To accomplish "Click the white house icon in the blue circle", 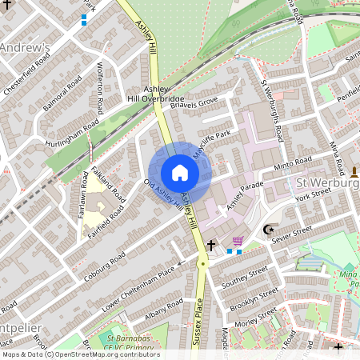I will pyautogui.click(x=180, y=173).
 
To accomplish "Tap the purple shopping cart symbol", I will pyautogui.click(x=237, y=242).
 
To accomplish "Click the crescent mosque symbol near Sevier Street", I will pyautogui.click(x=268, y=230).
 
